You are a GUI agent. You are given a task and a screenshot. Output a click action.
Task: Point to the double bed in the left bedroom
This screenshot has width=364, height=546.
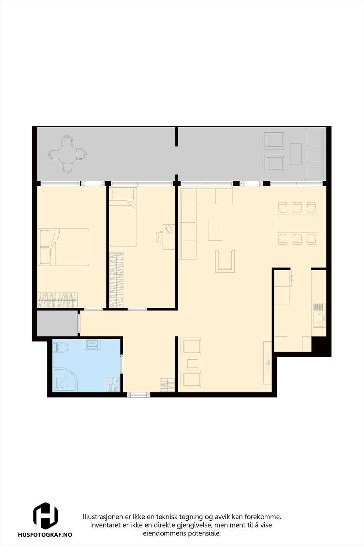tap(64, 247)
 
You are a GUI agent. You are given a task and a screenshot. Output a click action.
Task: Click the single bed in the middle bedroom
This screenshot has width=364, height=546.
tap(123, 217)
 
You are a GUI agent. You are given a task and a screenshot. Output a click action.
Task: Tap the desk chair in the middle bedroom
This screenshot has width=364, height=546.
tap(160, 236)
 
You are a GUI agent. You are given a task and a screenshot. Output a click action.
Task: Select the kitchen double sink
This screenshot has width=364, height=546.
tap(319, 315)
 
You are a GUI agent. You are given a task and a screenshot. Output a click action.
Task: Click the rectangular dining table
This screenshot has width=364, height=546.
tap(297, 223)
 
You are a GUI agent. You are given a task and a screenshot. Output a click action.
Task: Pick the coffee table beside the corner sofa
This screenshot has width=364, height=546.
tap(215, 229)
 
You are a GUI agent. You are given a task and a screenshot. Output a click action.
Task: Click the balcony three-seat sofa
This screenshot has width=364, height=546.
tap(314, 155)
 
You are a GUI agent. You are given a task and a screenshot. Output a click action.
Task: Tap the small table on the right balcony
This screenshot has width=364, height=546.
tap(296, 153)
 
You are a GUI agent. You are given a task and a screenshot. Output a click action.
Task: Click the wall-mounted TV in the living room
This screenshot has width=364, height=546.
tap(268, 363)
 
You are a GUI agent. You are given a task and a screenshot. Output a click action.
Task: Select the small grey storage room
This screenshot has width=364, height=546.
tap(57, 323)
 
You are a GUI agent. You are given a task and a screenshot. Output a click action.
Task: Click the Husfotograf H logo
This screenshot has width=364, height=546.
tap(45, 516)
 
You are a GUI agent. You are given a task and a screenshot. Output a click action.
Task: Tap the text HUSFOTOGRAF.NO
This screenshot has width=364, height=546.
tap(45, 535)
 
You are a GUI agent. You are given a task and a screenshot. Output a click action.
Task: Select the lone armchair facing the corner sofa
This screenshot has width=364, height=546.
tap(225, 261)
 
